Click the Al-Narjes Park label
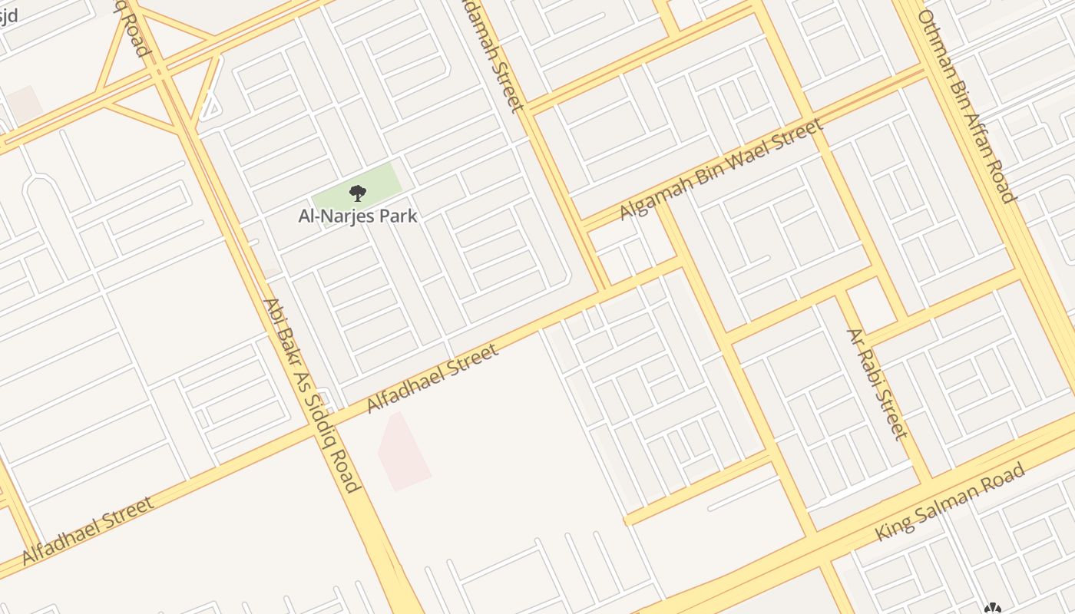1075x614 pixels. pos(358,216)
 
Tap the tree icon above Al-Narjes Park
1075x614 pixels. pos(357,193)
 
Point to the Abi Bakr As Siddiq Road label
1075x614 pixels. pos(310,394)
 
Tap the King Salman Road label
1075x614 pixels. pos(951,501)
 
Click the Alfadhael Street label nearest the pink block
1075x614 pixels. pos(433,378)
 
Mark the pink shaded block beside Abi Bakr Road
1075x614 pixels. pos(402,452)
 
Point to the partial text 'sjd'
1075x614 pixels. pos(8,14)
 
